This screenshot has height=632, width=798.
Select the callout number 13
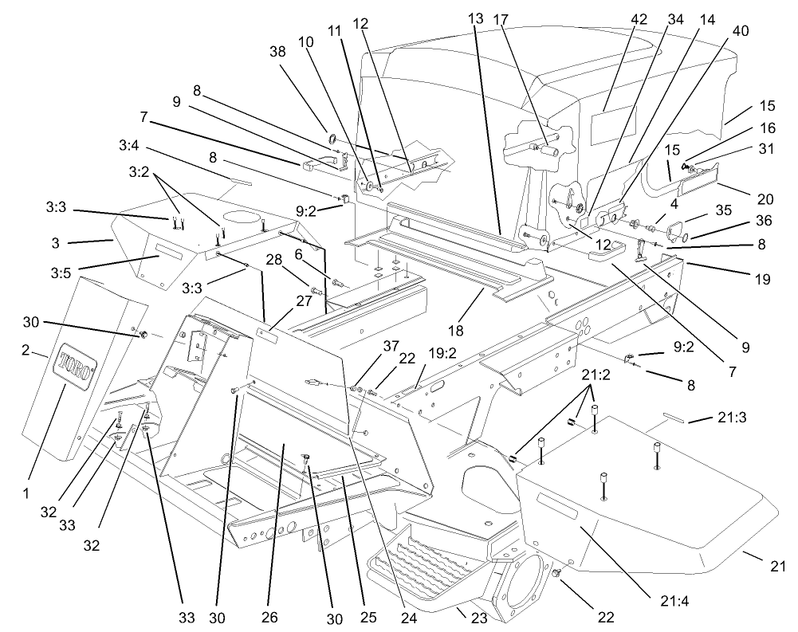tap(476, 18)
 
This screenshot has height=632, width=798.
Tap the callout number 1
tap(26, 493)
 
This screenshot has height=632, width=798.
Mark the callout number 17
tap(499, 18)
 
